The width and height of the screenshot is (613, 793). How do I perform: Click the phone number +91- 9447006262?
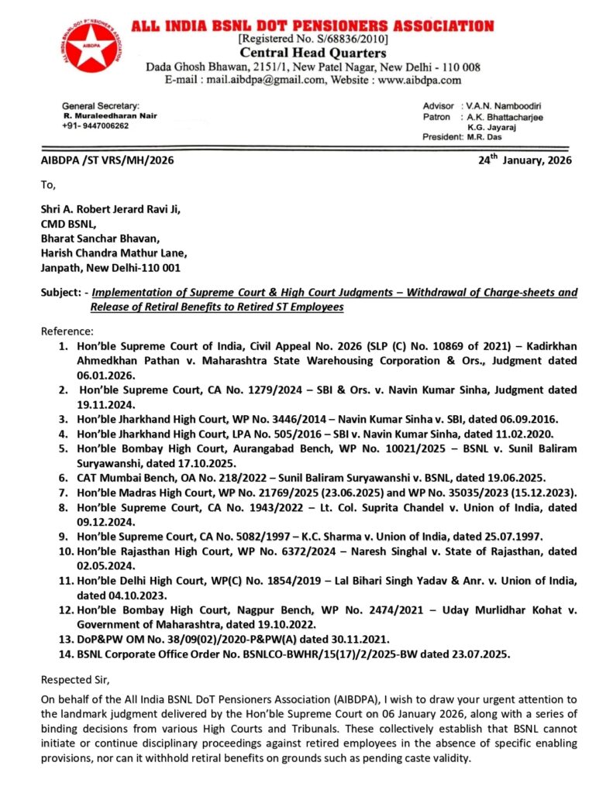coord(96,125)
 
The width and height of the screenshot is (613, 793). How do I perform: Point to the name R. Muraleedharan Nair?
coord(110,115)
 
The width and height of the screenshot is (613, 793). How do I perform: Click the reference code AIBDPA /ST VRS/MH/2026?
coord(107,161)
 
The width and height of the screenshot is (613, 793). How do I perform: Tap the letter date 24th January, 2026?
coord(525,160)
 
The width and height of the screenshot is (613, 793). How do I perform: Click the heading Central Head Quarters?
coord(312,53)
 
